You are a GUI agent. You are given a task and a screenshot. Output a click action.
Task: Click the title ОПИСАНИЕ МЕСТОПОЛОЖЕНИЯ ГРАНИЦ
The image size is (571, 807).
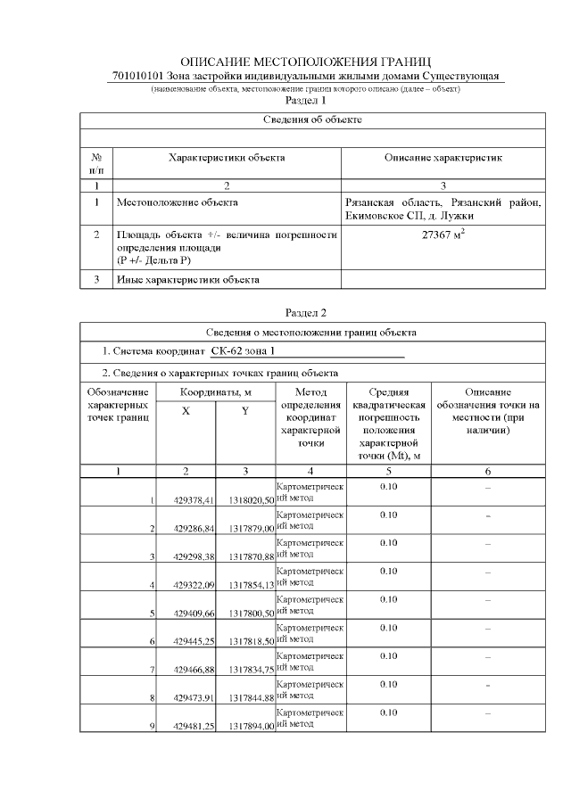coord(306,62)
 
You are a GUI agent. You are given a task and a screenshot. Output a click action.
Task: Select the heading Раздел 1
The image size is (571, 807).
coord(305,101)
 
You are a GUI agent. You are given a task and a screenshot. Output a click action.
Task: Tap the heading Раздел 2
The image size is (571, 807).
coord(305,312)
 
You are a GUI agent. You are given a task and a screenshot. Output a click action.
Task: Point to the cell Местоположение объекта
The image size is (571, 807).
coord(178,202)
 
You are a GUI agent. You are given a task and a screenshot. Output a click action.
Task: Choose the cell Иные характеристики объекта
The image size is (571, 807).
coord(188,280)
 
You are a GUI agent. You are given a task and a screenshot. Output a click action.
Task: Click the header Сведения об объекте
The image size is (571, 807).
coord(312,119)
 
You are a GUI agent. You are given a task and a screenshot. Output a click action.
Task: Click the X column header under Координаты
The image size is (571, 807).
coord(186,411)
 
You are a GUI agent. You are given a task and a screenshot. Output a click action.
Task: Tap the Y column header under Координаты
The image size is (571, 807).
coord(245,411)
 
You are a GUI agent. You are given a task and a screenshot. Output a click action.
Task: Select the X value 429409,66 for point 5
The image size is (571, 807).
coord(194,613)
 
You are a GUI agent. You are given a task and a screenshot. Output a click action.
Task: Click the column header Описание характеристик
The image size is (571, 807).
coord(443,158)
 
